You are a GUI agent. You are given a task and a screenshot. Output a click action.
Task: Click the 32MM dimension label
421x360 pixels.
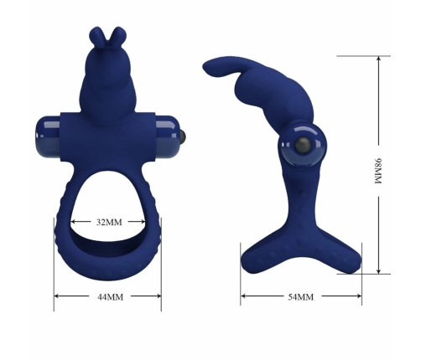point(109,223)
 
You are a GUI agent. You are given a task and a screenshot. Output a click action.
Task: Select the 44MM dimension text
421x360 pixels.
point(108,296)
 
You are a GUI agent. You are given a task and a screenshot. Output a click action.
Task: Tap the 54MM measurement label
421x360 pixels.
point(300,297)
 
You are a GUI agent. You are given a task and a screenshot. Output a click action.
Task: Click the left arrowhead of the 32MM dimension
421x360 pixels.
point(73,223)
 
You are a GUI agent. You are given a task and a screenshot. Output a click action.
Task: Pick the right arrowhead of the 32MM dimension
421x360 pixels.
point(146,223)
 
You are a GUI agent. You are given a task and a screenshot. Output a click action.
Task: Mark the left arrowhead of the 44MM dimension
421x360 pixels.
point(57,296)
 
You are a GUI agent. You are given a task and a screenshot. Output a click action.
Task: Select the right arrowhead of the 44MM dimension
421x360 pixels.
point(159,296)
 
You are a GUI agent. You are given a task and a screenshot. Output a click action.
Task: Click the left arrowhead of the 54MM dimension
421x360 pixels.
point(243,296)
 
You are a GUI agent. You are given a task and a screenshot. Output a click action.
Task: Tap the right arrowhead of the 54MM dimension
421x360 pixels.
point(361,296)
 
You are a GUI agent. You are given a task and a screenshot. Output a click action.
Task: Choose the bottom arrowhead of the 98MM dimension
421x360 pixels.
point(379,272)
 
